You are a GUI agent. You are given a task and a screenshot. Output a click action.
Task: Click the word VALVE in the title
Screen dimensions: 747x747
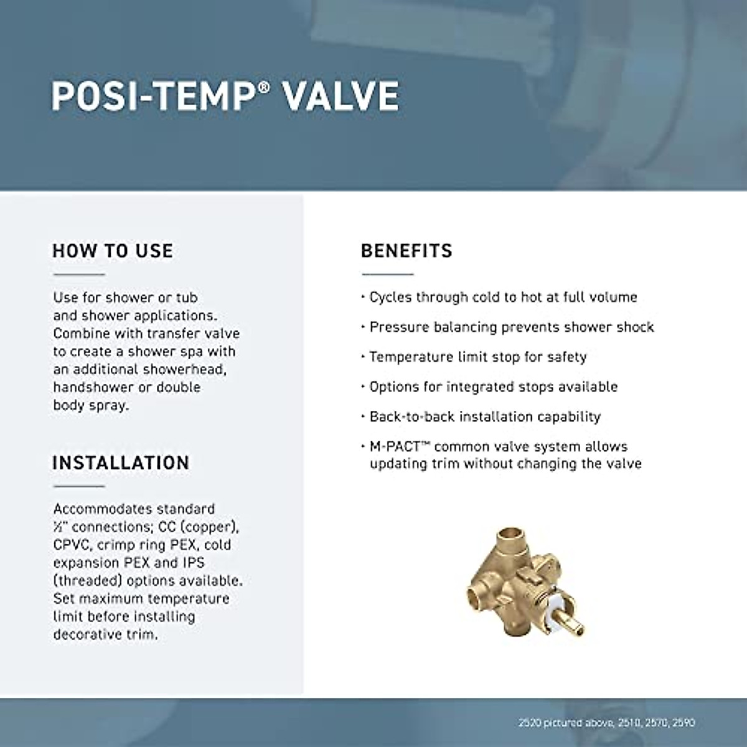coord(341,96)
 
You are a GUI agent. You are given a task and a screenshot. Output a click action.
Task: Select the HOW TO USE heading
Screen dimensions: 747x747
coord(113,251)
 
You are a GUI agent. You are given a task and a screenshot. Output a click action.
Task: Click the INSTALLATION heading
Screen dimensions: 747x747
coord(121,463)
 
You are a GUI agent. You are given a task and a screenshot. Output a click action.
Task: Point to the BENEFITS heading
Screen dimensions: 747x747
coord(406,251)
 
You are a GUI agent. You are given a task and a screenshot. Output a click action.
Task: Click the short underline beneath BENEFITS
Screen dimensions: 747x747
coord(387,274)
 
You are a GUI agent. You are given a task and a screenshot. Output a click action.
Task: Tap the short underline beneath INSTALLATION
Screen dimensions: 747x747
coord(78,486)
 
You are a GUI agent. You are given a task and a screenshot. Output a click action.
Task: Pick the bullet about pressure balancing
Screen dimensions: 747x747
coord(511,327)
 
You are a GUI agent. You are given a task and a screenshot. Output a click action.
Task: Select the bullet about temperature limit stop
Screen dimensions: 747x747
coord(477,357)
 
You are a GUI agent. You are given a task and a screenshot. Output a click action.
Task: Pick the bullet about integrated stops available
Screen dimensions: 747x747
coord(493,387)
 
